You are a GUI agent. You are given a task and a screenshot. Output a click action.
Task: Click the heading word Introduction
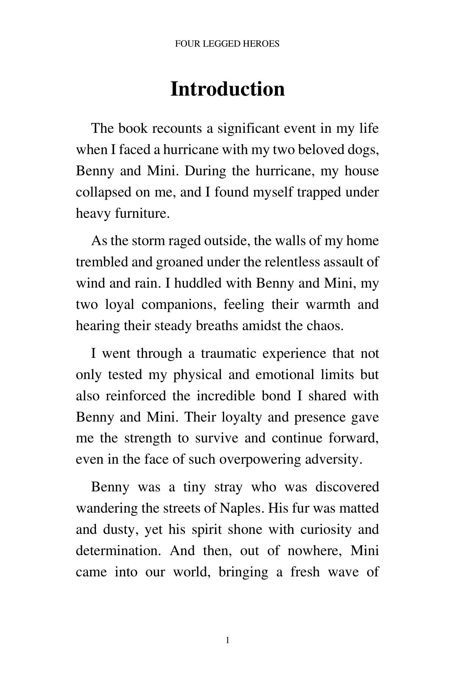pos(227,89)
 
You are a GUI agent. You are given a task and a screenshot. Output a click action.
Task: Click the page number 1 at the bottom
pos(227,641)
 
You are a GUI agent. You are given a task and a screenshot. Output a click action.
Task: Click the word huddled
pos(196,283)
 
